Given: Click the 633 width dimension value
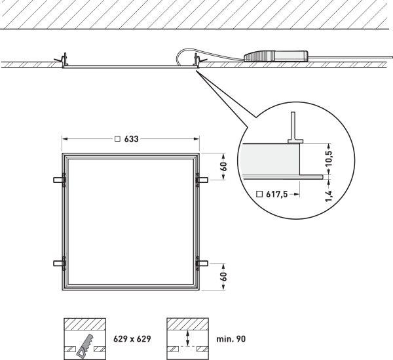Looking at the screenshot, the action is click(x=132, y=139).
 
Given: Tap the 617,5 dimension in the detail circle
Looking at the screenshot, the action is click(x=276, y=194).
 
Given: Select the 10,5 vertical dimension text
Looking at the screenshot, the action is click(x=329, y=158).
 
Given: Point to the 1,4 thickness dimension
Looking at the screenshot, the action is click(x=329, y=196).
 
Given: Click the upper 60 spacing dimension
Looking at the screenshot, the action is click(x=224, y=167).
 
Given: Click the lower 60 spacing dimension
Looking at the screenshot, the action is click(x=224, y=277).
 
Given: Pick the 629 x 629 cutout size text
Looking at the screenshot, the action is click(x=132, y=339).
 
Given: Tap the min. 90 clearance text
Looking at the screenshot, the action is click(x=231, y=339).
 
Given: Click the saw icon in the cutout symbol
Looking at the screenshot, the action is click(x=84, y=346).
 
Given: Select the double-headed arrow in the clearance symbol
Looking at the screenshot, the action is click(x=187, y=338).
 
